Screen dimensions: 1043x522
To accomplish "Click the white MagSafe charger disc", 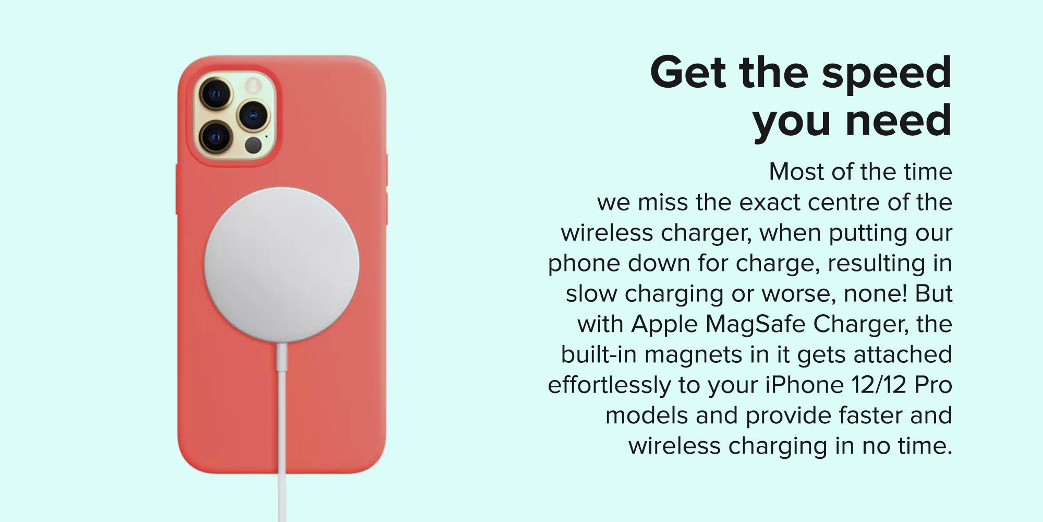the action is (x=282, y=265).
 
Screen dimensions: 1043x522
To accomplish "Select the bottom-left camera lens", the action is (x=215, y=136).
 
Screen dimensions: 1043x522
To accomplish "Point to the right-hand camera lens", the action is (x=253, y=115).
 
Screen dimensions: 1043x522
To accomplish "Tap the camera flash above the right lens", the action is (x=253, y=85).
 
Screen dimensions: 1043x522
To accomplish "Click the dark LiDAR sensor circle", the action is (x=253, y=145).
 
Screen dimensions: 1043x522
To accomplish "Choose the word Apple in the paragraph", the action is (x=664, y=325).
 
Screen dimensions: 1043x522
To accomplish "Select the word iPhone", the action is (x=804, y=385).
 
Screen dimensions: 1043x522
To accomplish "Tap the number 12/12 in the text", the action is (x=879, y=385).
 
